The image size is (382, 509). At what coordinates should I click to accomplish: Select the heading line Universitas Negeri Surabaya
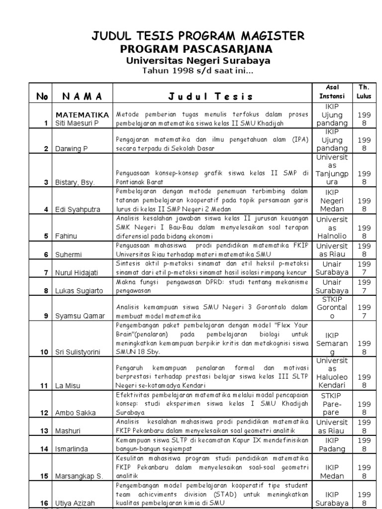[x=198, y=60]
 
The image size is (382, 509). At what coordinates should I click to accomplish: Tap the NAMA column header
[x=82, y=96]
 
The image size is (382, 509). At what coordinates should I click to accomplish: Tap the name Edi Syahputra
[x=79, y=209]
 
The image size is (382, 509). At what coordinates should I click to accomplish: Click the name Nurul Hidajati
[x=79, y=272]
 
